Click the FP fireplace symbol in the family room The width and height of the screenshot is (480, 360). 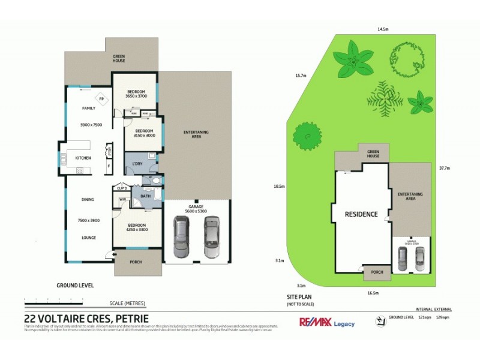click(x=102, y=99)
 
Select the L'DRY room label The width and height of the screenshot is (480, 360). click(x=137, y=163)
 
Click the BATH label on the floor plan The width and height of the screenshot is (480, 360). click(x=145, y=196)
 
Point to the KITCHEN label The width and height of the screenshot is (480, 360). click(x=83, y=158)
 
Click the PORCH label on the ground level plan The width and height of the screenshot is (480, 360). click(x=137, y=262)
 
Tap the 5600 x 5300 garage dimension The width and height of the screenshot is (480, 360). click(x=197, y=211)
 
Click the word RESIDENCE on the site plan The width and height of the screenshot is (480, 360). click(x=361, y=214)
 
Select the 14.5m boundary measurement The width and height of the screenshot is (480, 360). click(x=383, y=29)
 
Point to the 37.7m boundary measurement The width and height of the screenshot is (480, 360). click(x=445, y=168)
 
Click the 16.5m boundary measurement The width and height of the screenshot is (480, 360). click(x=373, y=293)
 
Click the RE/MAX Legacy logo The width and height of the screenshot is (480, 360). click(x=327, y=322)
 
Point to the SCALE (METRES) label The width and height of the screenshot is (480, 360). click(x=127, y=302)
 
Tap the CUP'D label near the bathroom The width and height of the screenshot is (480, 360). click(x=122, y=187)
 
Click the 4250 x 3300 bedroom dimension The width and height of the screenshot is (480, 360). click(x=137, y=230)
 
